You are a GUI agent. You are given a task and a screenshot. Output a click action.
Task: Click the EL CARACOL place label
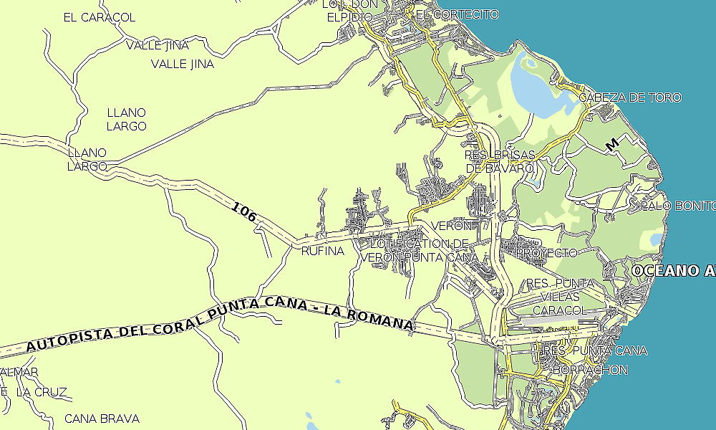99,17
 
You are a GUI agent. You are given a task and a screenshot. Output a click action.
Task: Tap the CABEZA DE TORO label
630,97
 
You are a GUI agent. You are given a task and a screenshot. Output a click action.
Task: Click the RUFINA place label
322,252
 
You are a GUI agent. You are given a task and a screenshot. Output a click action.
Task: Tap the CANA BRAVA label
102,418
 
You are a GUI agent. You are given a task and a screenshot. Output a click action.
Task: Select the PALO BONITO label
677,206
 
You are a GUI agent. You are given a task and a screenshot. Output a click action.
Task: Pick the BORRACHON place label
590,370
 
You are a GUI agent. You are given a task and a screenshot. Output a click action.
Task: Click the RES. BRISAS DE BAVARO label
500,161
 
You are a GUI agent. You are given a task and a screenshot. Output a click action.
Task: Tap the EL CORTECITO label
456,14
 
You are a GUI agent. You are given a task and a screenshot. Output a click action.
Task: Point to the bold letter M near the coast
611,145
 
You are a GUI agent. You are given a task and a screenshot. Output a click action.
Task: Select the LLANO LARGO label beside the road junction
87,159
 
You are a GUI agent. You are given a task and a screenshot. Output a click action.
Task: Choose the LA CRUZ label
41,392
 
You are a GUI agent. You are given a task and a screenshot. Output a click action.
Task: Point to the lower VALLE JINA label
183,64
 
